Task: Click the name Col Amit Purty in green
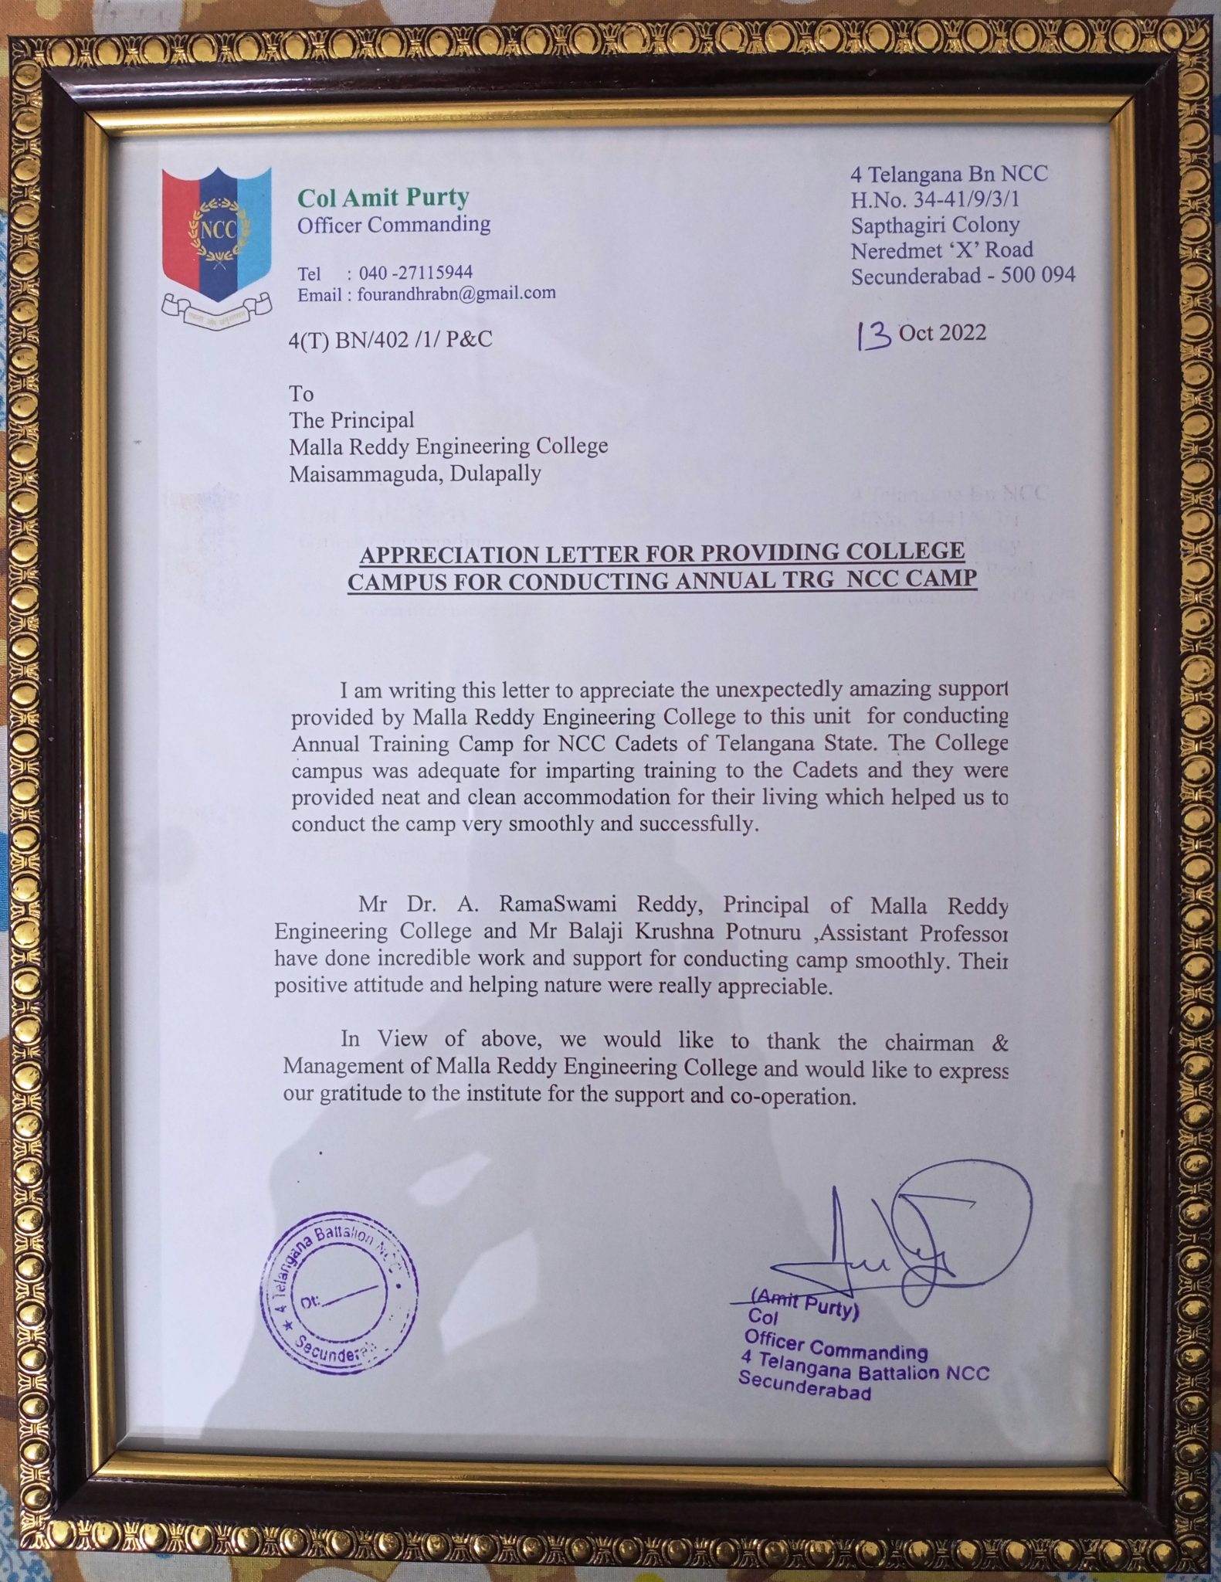pos(383,198)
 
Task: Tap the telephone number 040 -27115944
pos(415,273)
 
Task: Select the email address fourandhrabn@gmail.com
pos(456,294)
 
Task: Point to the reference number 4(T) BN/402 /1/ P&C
pos(390,340)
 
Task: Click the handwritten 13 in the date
pos(873,336)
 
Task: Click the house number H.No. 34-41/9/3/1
pos(934,199)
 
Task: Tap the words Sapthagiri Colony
pos(935,225)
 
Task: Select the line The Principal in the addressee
pos(351,420)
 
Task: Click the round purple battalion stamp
pos(338,1292)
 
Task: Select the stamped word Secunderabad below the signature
pos(805,1385)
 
